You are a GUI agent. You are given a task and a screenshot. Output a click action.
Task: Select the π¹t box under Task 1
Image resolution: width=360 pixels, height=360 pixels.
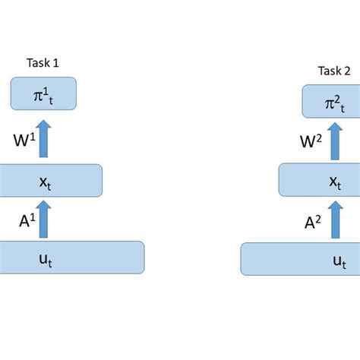(43, 93)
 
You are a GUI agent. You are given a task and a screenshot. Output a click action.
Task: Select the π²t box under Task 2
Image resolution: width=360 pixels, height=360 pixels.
(330, 101)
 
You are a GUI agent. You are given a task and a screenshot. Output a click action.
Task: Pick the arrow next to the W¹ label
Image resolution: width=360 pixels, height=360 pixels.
(43, 139)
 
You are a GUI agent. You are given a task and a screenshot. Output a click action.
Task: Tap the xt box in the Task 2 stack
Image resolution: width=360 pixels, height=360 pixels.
(319, 182)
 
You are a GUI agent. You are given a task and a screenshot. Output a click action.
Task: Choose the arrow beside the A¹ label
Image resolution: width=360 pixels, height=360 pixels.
(43, 219)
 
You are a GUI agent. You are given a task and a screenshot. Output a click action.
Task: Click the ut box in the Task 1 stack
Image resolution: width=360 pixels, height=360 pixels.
(72, 257)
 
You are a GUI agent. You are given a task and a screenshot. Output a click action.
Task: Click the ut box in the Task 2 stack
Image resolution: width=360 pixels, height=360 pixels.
(300, 259)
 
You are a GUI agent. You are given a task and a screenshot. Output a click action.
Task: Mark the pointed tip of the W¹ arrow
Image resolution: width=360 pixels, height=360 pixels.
(43, 121)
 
